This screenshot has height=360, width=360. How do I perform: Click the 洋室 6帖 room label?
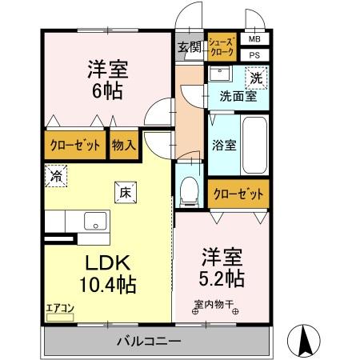[x=108, y=80]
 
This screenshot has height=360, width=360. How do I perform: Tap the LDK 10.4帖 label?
[x=108, y=274]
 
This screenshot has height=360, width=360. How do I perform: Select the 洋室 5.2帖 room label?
[x=222, y=268]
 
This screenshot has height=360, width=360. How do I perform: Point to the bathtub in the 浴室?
[x=254, y=146]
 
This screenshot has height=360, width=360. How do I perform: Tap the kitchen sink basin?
[x=95, y=221]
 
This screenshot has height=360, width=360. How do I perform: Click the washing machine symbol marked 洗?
[x=256, y=78]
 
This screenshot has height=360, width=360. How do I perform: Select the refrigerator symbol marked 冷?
[x=56, y=176]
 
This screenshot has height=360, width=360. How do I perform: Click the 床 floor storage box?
[x=126, y=193]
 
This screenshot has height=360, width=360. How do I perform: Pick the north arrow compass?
[x=303, y=341]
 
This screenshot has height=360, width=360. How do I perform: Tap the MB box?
[x=254, y=39]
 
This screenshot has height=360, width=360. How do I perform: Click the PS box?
[x=254, y=55]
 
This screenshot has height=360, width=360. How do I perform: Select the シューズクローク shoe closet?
[x=222, y=47]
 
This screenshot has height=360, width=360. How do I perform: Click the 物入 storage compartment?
[x=124, y=145]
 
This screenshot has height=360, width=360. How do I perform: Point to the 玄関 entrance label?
[x=190, y=47]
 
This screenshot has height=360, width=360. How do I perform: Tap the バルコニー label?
[x=149, y=341]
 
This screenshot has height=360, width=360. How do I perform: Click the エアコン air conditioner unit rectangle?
[x=60, y=318]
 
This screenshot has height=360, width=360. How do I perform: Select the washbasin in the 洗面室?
[x=220, y=74]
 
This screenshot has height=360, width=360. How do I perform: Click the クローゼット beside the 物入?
[x=75, y=145]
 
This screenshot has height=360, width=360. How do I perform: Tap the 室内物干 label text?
[x=214, y=304]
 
